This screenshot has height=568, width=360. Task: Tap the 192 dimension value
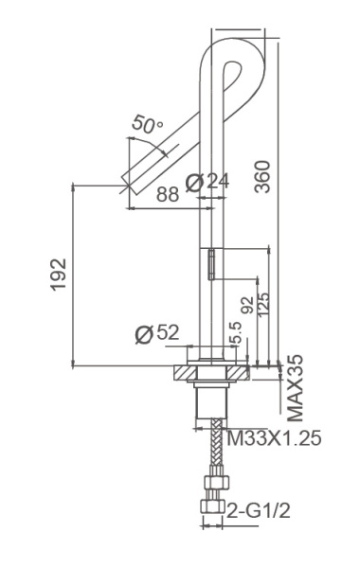[x=59, y=275]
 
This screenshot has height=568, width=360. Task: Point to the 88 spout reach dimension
[x=168, y=193]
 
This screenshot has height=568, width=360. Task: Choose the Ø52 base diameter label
[x=157, y=334]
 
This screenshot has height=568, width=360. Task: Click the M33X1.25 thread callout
[x=273, y=439]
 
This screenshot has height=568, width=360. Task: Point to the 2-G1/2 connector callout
[x=257, y=512]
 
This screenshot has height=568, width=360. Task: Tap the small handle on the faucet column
[x=213, y=262]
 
